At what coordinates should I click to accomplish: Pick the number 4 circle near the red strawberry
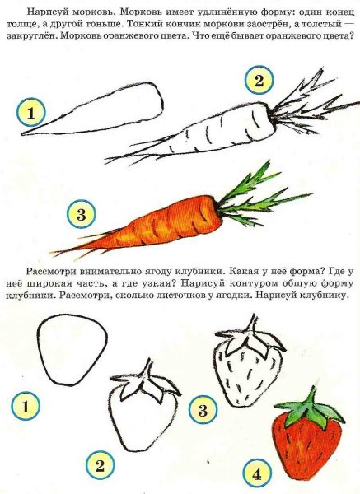[256, 475]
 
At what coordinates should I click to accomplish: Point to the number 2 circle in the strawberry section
[100, 467]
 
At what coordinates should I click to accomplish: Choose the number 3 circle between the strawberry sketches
[202, 408]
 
